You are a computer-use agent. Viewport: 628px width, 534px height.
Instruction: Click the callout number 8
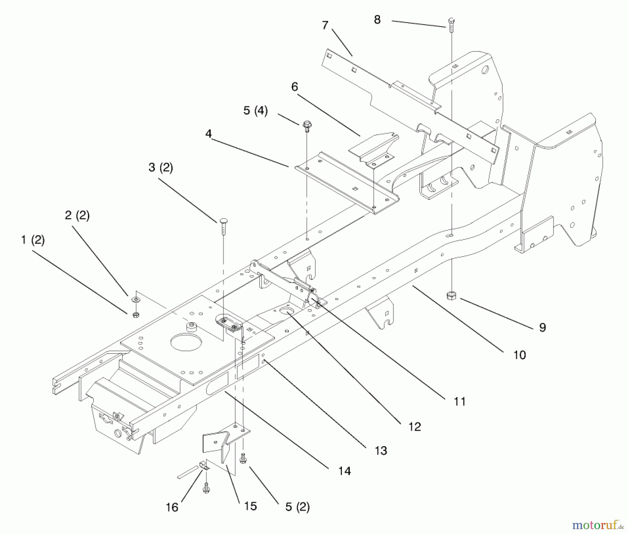pos(377,20)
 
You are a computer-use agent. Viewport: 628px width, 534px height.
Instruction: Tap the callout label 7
pos(325,25)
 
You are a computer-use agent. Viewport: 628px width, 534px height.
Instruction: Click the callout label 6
pos(295,87)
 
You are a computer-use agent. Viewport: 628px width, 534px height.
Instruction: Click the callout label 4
pos(209,133)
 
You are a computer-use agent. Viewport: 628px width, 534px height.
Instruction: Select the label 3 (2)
pos(160,167)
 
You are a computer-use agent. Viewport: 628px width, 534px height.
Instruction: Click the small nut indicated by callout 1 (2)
pos(136,314)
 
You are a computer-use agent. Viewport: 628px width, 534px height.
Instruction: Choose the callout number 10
pos(519,355)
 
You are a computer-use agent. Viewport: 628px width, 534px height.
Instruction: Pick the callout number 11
pos(459,402)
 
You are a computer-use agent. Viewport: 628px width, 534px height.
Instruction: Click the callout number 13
pos(381,451)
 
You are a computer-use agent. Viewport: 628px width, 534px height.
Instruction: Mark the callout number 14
pos(344,471)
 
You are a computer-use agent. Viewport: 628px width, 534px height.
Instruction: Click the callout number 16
pos(172,507)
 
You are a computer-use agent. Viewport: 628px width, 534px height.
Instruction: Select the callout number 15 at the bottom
pos(251,506)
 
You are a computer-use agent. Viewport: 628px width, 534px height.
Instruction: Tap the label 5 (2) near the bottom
pos(297,507)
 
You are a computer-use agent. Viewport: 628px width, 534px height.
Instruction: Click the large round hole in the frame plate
pos(186,342)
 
